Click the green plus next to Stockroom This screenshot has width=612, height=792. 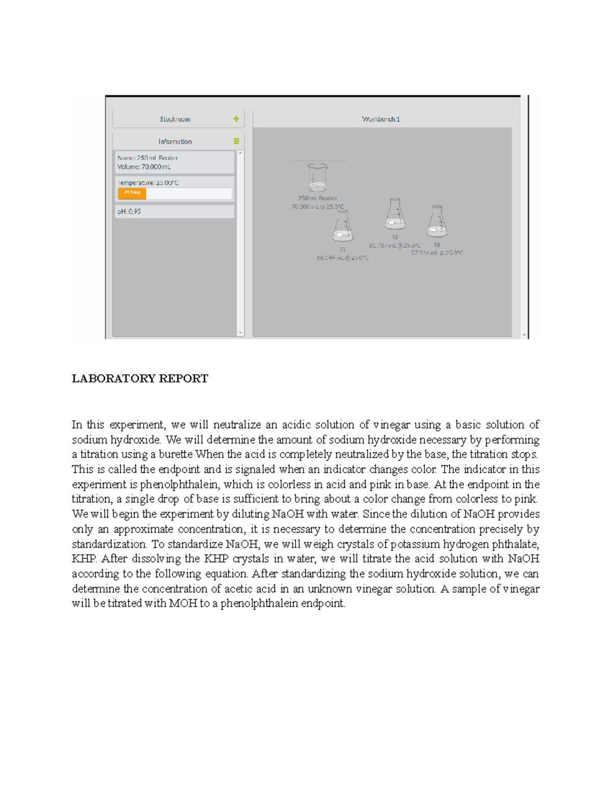[236, 119]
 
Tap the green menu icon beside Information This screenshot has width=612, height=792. [236, 141]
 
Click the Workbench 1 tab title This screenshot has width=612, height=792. [381, 119]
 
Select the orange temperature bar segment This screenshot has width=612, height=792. [132, 193]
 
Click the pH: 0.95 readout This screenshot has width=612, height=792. [130, 211]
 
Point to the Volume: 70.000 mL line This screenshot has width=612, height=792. [144, 167]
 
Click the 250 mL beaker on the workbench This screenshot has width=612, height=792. [317, 177]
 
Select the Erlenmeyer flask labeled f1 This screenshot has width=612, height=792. [343, 226]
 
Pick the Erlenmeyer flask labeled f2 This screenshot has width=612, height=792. [395, 214]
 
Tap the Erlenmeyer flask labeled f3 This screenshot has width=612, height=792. [437, 222]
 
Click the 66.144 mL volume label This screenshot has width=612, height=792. [342, 258]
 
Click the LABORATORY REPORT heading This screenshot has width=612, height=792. [140, 378]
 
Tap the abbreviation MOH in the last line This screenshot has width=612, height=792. [183, 604]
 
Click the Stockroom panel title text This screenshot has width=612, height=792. [175, 119]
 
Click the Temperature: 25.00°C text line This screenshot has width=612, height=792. [148, 183]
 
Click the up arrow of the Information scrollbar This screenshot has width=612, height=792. [240, 153]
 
